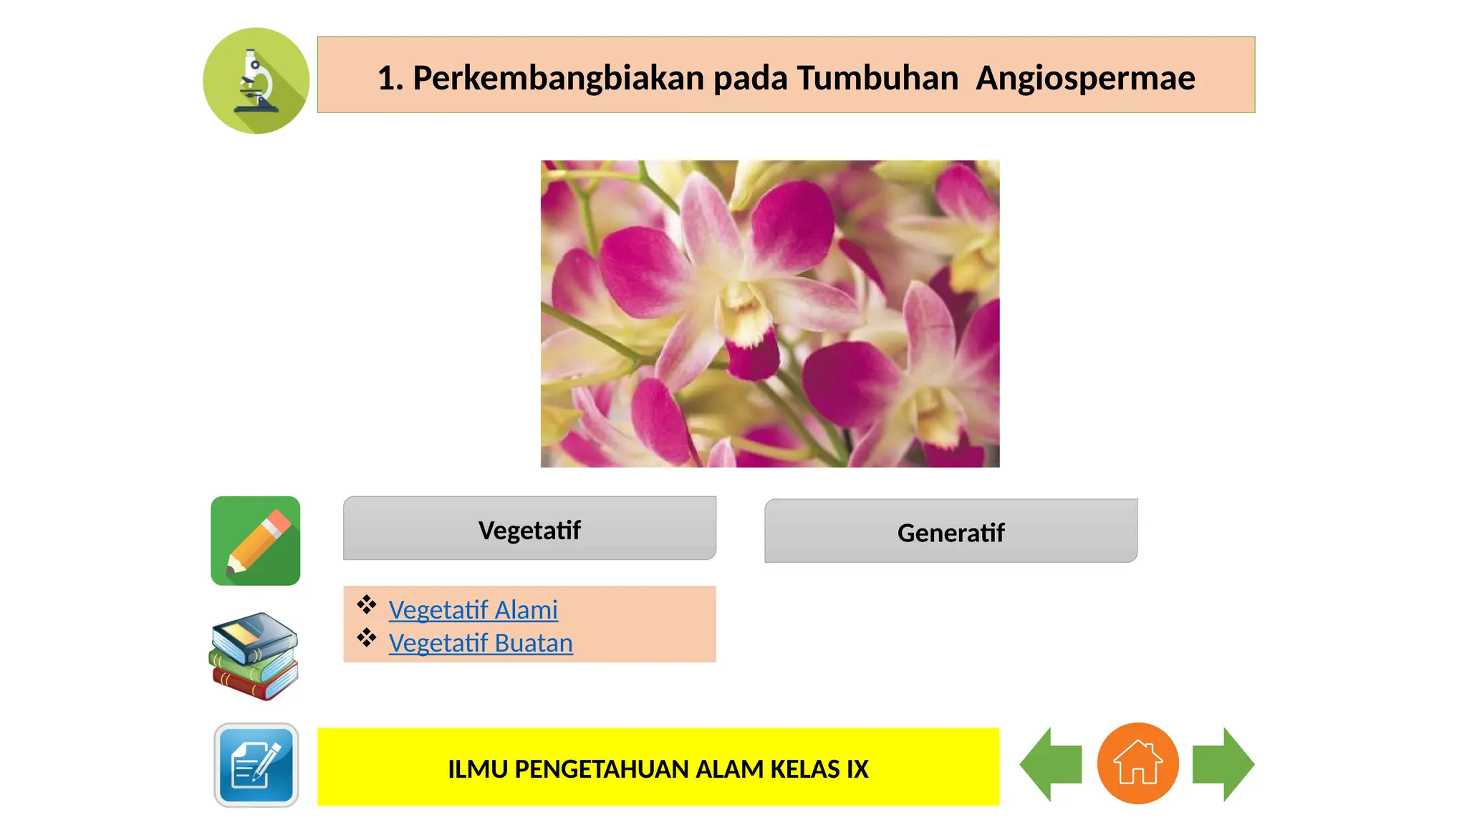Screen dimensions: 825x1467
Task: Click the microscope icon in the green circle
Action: [256, 81]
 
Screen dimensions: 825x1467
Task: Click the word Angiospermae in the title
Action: [1084, 78]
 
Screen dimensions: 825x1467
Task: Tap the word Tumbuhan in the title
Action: [877, 78]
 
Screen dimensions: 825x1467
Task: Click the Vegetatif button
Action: [529, 529]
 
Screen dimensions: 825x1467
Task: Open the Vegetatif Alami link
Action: [473, 610]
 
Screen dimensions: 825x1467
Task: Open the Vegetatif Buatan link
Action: [481, 643]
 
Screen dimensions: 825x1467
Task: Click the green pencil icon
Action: [256, 541]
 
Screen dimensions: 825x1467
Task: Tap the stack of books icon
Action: [254, 655]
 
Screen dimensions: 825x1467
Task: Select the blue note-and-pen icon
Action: [256, 765]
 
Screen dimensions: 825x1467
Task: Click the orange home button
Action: [1137, 763]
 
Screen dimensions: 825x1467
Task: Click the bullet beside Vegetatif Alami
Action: [367, 604]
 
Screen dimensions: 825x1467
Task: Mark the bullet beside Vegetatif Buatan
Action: [367, 637]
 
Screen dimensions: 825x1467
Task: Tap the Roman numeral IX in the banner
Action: [857, 769]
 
